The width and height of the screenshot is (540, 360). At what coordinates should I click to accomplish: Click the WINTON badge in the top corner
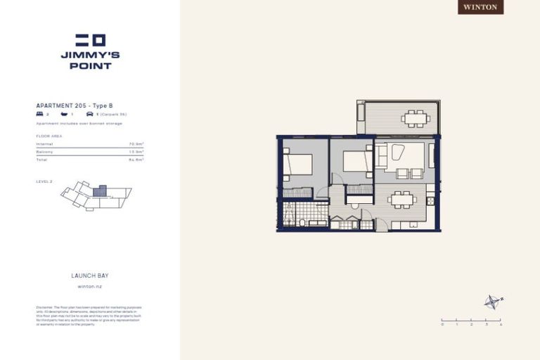[x=481, y=7]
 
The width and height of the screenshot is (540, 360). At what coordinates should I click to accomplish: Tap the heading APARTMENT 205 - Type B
[x=74, y=105]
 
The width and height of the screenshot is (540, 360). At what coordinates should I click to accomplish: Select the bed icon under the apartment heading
[x=39, y=113]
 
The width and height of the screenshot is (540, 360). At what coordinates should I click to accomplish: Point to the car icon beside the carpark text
[x=89, y=113]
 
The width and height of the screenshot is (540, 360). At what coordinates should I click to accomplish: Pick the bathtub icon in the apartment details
[x=64, y=113]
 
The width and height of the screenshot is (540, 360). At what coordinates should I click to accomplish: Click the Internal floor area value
[x=136, y=143]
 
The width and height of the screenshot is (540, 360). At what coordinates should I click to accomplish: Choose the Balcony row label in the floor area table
[x=44, y=151]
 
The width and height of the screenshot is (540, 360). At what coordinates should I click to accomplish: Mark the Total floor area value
[x=136, y=160]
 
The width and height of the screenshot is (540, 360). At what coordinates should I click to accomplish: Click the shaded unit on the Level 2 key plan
[x=100, y=191]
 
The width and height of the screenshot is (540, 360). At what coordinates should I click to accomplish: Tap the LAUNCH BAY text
[x=89, y=276]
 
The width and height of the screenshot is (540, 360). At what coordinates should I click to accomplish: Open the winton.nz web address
[x=89, y=287]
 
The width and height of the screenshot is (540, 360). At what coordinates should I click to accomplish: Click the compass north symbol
[x=492, y=302]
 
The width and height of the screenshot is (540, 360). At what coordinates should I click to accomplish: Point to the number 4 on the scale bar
[x=500, y=325]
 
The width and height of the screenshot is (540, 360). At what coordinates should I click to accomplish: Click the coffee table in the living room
[x=398, y=153]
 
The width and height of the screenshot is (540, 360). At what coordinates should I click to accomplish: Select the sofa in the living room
[x=381, y=156]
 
